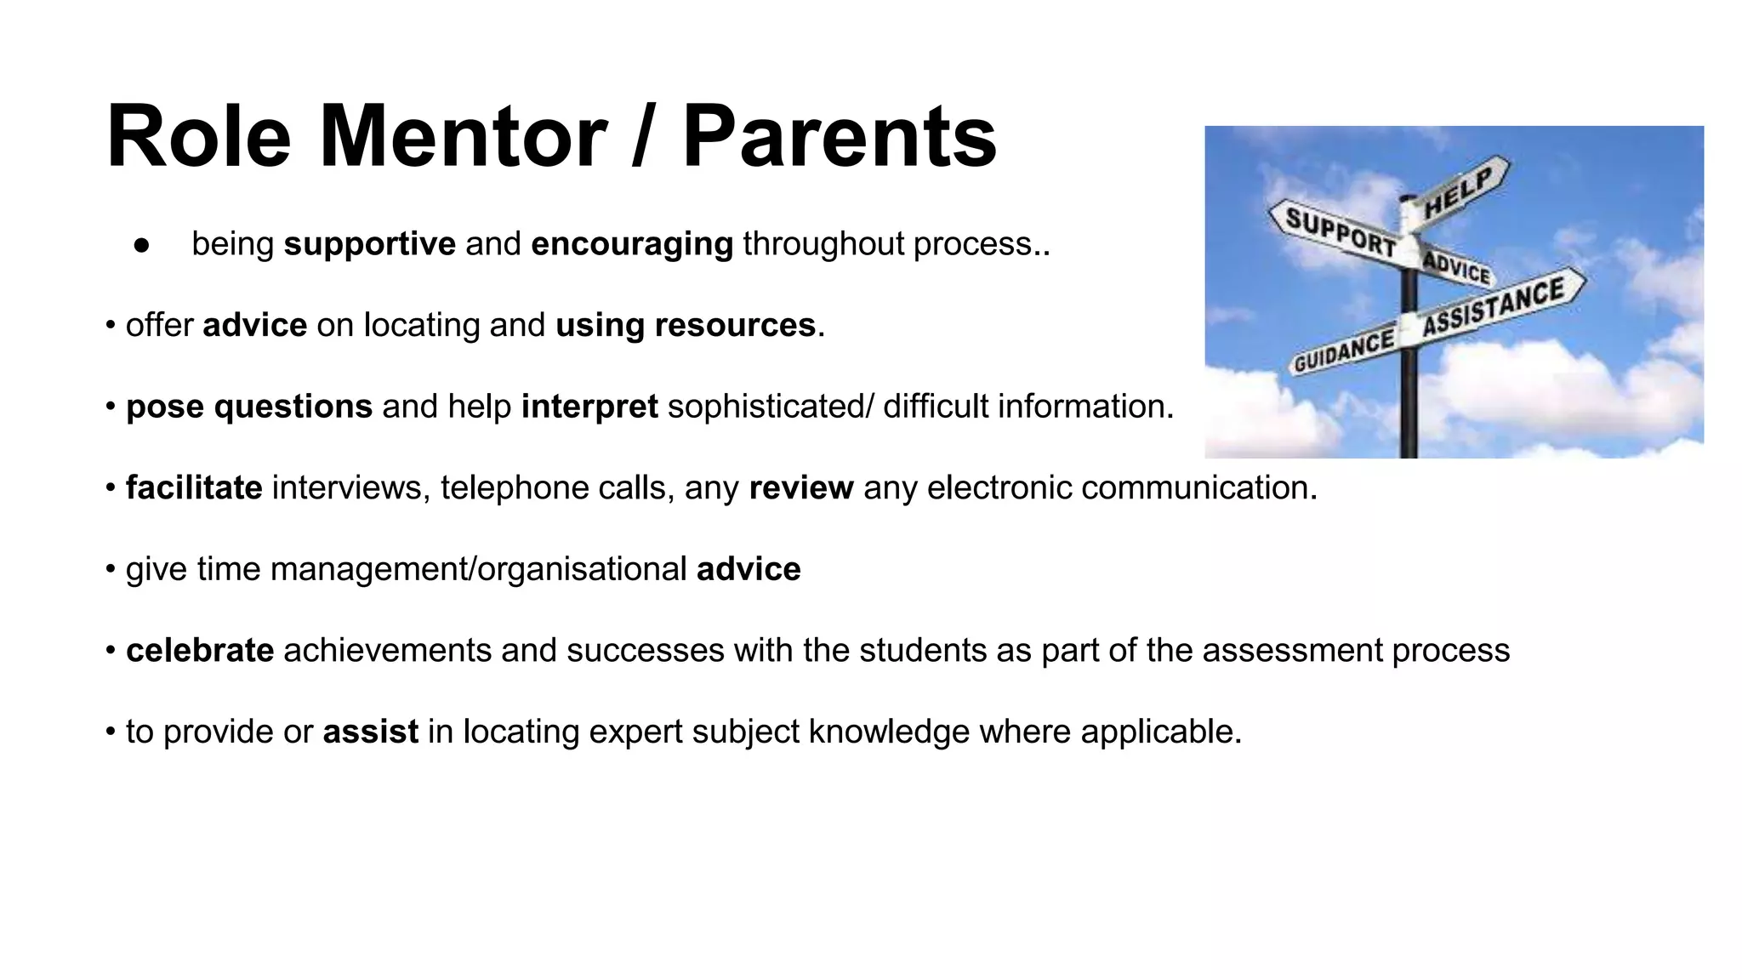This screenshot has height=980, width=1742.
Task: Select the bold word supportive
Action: pyautogui.click(x=369, y=245)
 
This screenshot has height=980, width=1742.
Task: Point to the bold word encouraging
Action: pyautogui.click(x=631, y=245)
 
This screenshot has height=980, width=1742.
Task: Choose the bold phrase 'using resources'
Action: pyautogui.click(x=685, y=326)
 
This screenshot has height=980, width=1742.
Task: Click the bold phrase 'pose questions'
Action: pyautogui.click(x=248, y=407)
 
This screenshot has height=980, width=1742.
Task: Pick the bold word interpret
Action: pyautogui.click(x=589, y=407)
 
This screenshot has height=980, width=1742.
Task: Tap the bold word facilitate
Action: pyautogui.click(x=194, y=488)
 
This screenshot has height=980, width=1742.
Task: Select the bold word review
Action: pyautogui.click(x=800, y=488)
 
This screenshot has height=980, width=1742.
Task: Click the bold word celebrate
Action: pyautogui.click(x=200, y=651)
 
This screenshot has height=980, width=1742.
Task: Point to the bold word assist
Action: pyautogui.click(x=370, y=732)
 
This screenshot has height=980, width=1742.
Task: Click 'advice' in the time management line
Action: pyautogui.click(x=748, y=570)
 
